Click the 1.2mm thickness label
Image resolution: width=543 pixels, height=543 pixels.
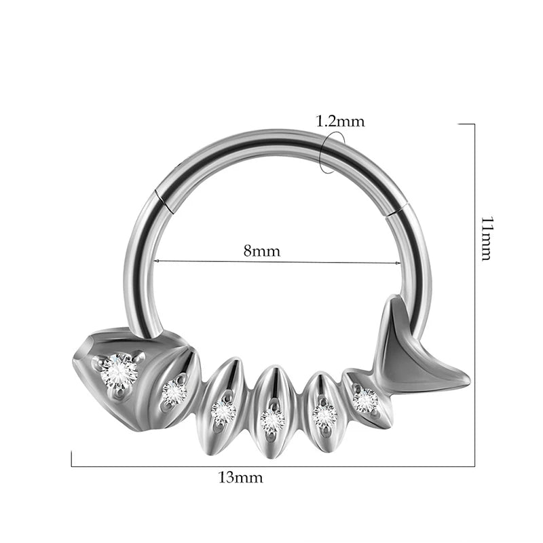click(x=341, y=121)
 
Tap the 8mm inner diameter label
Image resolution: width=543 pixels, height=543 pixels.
click(x=262, y=250)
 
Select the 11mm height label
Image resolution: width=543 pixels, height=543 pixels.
click(x=487, y=239)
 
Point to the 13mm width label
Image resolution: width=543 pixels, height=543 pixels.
click(x=241, y=478)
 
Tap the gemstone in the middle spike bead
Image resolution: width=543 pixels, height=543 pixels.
click(x=273, y=420)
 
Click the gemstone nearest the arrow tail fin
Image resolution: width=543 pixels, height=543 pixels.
click(x=365, y=400)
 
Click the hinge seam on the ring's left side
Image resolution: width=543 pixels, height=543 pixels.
click(x=164, y=200)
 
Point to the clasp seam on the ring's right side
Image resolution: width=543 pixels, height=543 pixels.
click(x=397, y=210)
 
